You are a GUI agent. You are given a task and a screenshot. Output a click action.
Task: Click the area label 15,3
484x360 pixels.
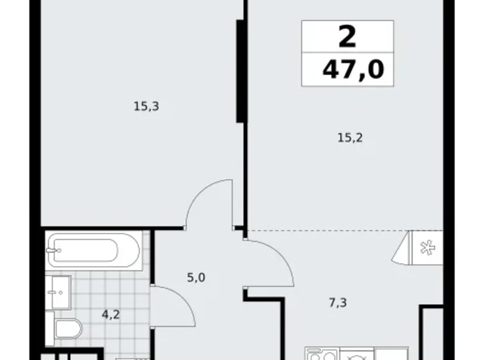click(146, 107)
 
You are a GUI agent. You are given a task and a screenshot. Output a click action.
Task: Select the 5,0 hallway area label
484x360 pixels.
click(195, 277)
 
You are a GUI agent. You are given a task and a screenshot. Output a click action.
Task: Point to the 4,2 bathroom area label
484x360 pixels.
click(111, 314)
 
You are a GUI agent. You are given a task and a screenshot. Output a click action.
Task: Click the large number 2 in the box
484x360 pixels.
click(347, 37)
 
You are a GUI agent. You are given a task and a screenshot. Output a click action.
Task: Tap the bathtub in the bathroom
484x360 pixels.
click(83, 251)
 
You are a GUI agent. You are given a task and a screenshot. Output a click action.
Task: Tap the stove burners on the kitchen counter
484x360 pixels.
click(356, 356)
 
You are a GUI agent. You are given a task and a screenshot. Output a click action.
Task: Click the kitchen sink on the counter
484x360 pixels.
click(320, 356)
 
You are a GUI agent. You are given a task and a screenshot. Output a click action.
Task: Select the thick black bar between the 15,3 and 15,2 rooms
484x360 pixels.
click(238, 72)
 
